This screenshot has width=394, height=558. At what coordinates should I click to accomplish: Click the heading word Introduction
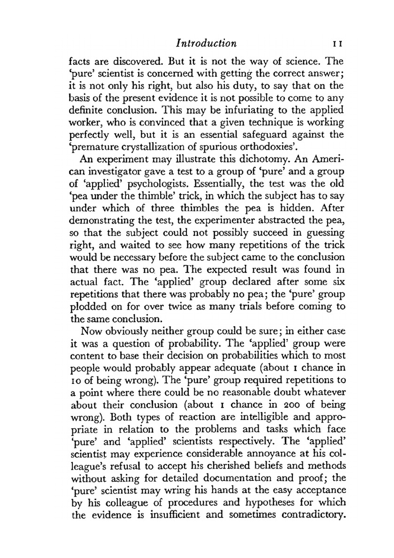point(206,43)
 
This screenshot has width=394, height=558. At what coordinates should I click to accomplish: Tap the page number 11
point(337,44)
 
